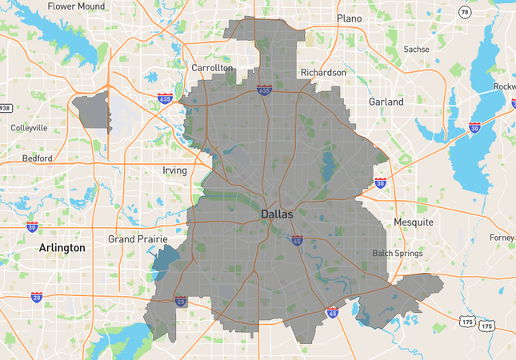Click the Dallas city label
coord(277,214)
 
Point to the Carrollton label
coord(212,68)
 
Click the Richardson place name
coord(323,73)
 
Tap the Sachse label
coord(416,49)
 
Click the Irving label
coord(174,170)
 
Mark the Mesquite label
coord(413,222)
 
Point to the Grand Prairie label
coord(134,238)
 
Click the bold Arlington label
coord(62,248)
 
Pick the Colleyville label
coord(29,127)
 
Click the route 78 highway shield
coord(465,12)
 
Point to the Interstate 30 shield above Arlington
coord(32,227)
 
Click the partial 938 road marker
coord(5,108)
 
